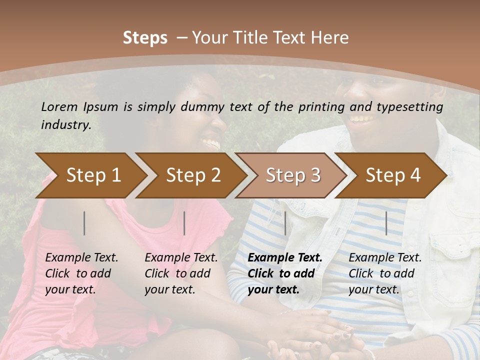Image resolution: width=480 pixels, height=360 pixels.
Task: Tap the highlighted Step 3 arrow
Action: click(293, 175)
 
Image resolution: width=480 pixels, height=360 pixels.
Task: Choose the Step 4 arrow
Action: click(393, 175)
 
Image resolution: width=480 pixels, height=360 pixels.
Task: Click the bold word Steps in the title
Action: click(145, 37)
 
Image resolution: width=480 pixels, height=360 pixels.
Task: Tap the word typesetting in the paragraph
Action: click(412, 106)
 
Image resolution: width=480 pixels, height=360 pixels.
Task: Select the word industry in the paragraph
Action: click(65, 124)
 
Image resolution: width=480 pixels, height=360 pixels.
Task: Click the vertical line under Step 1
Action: click(84, 223)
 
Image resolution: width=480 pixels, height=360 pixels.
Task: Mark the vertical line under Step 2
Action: click(184, 223)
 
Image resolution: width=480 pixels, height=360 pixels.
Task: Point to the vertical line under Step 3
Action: click(285, 223)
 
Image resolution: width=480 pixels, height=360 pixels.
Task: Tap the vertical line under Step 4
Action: click(386, 223)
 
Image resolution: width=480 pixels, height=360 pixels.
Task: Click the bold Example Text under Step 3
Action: click(285, 257)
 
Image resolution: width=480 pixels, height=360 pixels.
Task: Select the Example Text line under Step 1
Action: click(81, 257)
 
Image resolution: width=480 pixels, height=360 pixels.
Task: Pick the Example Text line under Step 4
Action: click(385, 257)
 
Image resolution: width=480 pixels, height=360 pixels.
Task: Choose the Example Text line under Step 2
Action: click(181, 257)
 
